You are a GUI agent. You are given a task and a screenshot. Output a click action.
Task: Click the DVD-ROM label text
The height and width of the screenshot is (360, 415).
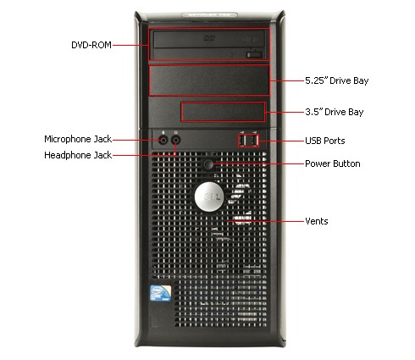click(91, 45)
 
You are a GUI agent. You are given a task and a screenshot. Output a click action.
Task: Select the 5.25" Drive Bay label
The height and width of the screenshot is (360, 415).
click(337, 80)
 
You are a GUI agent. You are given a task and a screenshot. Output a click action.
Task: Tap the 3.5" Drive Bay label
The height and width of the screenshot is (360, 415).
click(335, 112)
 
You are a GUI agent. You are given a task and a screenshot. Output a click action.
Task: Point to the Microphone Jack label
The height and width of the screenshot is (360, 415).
click(78, 139)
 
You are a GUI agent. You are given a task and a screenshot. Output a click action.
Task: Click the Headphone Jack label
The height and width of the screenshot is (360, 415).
click(78, 155)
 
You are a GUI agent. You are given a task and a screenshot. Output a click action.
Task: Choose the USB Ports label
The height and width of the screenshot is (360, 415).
click(325, 141)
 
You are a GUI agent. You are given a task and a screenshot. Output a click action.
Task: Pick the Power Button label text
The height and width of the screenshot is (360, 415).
click(333, 163)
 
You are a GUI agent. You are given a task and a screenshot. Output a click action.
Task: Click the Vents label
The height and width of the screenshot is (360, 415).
click(317, 221)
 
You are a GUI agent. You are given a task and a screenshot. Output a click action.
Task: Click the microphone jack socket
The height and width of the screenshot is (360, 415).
click(163, 140)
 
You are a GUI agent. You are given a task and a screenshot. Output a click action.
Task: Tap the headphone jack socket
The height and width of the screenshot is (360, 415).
click(176, 140)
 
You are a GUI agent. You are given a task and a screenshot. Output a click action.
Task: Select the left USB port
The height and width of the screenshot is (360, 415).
click(242, 141)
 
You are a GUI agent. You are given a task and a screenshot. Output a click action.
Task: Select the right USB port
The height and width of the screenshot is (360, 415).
click(254, 141)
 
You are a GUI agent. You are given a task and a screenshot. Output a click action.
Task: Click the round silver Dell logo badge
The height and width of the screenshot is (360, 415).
click(209, 197)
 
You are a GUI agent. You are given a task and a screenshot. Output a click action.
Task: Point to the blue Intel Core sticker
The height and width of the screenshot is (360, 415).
click(161, 293)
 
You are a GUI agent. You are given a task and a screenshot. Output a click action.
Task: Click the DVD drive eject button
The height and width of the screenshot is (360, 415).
click(254, 55)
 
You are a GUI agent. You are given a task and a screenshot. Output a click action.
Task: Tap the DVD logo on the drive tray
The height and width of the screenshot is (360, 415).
click(209, 37)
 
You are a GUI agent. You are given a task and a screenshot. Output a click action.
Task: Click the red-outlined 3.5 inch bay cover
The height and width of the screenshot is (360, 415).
click(223, 112)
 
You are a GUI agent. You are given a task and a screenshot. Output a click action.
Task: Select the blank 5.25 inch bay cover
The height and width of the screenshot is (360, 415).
click(209, 80)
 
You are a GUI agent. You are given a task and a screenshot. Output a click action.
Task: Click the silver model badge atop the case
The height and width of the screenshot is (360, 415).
click(209, 14)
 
